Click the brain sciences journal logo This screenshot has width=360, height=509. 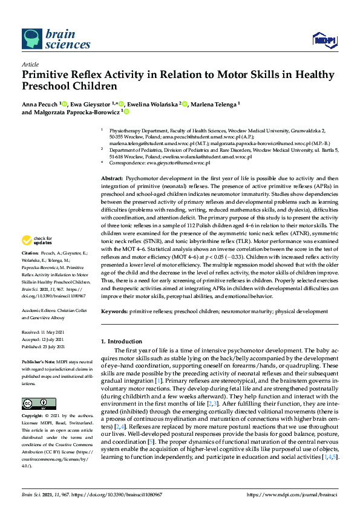pos(49,38)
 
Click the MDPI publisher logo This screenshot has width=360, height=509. pos(324,41)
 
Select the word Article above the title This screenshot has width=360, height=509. pos(30,63)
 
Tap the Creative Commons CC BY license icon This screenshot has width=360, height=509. pos(35,386)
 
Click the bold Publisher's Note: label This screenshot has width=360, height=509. pos(39,360)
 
